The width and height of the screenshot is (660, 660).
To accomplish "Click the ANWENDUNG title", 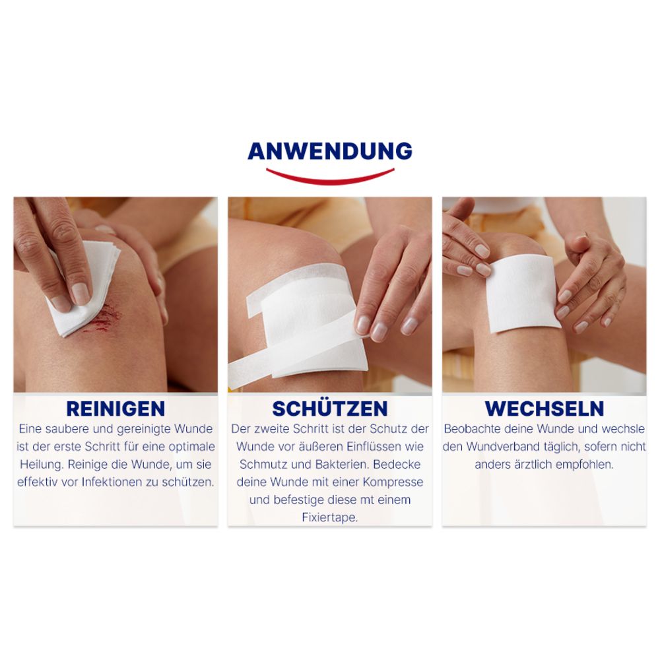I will pyautogui.click(x=329, y=151).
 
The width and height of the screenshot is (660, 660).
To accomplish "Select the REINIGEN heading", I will pyautogui.click(x=115, y=408).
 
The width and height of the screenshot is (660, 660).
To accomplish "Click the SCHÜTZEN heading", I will pyautogui.click(x=329, y=408).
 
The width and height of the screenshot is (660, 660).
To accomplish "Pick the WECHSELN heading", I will pyautogui.click(x=544, y=408).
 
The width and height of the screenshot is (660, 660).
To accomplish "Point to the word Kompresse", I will pyautogui.click(x=394, y=482).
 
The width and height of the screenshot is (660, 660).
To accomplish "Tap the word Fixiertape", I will pyautogui.click(x=329, y=517).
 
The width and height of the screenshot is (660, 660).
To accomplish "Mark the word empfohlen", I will pyautogui.click(x=581, y=464).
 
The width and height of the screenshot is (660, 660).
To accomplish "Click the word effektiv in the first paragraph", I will pyautogui.click(x=38, y=482).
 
